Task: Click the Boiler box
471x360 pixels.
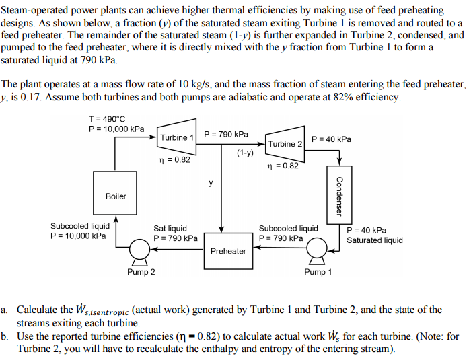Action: (x=116, y=196)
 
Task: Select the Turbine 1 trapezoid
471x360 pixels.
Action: (x=177, y=137)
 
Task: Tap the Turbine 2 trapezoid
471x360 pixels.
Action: (x=285, y=143)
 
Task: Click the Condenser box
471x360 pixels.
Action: (x=340, y=195)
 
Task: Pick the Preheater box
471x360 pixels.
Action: (x=228, y=251)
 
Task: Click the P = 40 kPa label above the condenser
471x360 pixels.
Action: (x=331, y=139)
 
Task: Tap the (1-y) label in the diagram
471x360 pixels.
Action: (x=245, y=153)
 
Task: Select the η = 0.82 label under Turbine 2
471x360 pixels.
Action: (x=283, y=166)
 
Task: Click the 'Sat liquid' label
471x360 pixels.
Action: (x=170, y=229)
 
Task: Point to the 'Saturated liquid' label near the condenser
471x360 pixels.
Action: (x=375, y=240)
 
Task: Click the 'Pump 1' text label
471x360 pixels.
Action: (x=318, y=272)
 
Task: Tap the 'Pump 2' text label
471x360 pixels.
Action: (x=141, y=272)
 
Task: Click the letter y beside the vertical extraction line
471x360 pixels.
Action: (x=211, y=182)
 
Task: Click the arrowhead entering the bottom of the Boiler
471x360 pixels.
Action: (x=116, y=219)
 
